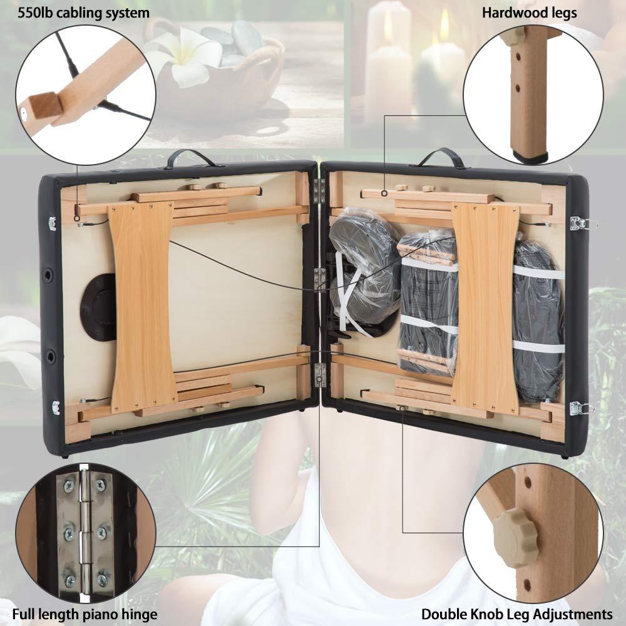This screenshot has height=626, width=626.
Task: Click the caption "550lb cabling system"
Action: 75,13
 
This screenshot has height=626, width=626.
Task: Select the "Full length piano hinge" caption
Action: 79,614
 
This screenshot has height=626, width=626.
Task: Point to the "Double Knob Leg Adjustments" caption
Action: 516,614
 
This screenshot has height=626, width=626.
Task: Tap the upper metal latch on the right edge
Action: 582,223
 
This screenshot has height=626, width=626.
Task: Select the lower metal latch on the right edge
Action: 582,408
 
